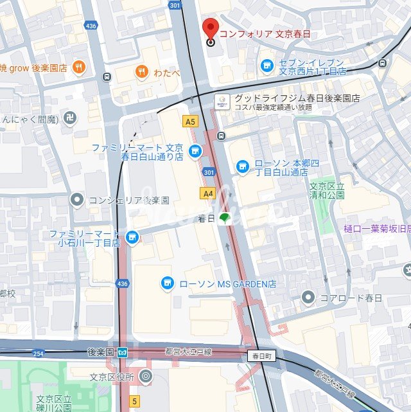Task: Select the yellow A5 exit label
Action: coord(189,121)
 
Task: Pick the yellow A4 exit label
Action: coord(207,193)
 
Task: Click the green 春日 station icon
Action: coord(224,219)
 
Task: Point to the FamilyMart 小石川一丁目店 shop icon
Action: coord(132,237)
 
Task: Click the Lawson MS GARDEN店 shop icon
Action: coord(167,283)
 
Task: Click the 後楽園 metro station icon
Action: coord(123,352)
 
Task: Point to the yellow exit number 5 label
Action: coord(134,401)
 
